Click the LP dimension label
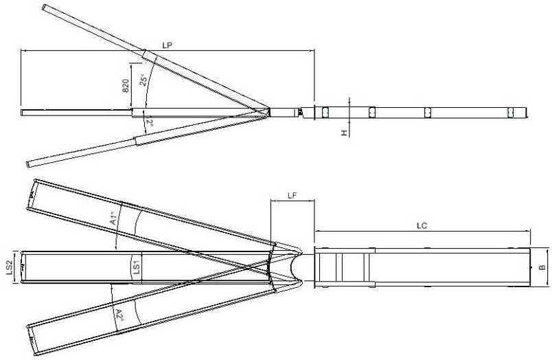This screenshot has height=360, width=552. pyautogui.click(x=167, y=44)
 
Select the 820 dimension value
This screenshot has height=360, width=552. pyautogui.click(x=124, y=85)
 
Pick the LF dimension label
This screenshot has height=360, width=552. pyautogui.click(x=292, y=196)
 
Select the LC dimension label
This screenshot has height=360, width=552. pyautogui.click(x=422, y=226)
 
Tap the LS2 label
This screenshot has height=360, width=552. pyautogui.click(x=9, y=267)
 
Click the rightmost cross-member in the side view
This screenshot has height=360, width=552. pyautogui.click(x=511, y=113)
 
